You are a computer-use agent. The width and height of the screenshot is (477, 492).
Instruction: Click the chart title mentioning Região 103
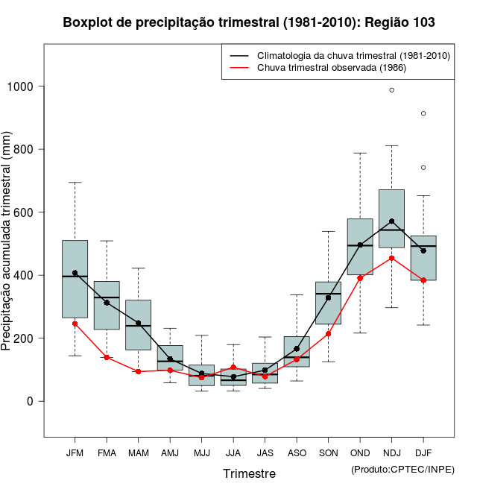pos(249,23)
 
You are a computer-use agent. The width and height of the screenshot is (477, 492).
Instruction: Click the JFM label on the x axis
pos(75,453)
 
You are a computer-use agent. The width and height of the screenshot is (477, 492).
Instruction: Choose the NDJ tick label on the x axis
pos(391,453)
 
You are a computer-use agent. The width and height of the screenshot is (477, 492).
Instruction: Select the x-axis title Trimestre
pos(249,473)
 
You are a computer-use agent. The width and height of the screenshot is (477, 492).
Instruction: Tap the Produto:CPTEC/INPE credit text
pos(402,469)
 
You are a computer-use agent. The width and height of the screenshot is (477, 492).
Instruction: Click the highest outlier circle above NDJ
pos(391,90)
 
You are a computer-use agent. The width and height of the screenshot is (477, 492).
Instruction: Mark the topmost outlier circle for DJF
pos(423,113)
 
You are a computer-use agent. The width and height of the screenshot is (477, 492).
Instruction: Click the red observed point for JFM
pos(75,324)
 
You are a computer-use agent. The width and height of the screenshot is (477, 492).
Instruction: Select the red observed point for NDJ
pos(391,258)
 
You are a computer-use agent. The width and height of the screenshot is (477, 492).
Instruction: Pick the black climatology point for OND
pos(360,245)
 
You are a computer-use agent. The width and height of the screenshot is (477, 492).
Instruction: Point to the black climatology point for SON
pos(328,297)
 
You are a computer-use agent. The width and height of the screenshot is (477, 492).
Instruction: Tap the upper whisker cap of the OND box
pos(360,153)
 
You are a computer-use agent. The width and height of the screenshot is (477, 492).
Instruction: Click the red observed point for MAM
pos(138,371)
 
